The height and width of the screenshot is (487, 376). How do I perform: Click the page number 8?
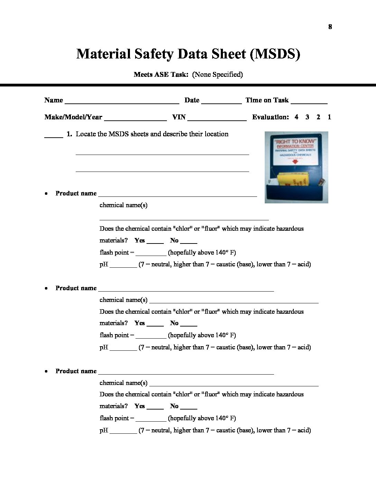click(x=330, y=27)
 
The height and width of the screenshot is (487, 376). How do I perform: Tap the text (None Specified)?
click(x=217, y=74)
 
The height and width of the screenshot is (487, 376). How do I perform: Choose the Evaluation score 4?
click(x=297, y=117)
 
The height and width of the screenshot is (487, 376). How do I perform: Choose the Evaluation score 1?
click(x=329, y=117)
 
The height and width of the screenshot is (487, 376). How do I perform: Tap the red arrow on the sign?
click(x=295, y=162)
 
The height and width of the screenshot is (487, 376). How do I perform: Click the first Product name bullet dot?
click(x=46, y=194)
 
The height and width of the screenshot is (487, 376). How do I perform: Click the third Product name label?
click(x=76, y=371)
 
